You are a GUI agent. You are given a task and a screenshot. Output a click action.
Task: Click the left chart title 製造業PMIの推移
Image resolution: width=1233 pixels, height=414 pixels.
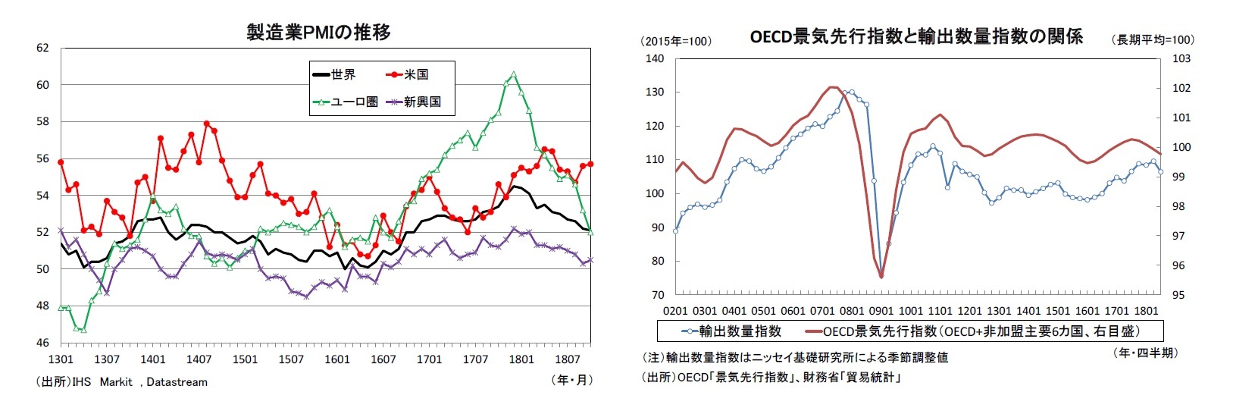[x=318, y=32]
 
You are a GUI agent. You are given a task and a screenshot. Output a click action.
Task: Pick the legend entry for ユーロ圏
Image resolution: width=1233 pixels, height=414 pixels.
[x=344, y=102]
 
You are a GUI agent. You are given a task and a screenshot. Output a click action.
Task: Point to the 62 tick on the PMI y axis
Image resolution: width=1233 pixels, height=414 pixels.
[x=42, y=48]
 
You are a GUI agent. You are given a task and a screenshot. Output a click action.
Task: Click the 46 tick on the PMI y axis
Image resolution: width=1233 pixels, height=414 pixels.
[x=42, y=343]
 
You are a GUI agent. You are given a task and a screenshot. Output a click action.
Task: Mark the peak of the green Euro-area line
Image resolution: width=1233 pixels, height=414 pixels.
[x=514, y=74]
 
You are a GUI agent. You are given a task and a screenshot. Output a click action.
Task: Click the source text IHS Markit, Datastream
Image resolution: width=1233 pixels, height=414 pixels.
[x=121, y=382]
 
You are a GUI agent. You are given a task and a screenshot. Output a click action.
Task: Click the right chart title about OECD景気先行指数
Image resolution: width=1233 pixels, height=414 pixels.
[x=915, y=36]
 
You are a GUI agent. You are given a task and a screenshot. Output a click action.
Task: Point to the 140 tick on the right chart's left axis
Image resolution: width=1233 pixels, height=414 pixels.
[x=653, y=58]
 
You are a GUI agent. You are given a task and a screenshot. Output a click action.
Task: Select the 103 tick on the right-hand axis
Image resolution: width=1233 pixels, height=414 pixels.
[x=1181, y=58]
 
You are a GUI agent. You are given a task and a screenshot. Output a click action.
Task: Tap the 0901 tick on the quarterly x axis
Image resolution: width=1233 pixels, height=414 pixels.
[x=881, y=311]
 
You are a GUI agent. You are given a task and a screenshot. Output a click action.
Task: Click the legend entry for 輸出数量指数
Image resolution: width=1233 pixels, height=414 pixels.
[x=731, y=331]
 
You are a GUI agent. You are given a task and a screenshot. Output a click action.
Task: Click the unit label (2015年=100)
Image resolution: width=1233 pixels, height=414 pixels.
[x=676, y=41]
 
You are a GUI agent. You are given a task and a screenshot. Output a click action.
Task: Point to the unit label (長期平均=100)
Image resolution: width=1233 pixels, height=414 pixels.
[x=1152, y=39]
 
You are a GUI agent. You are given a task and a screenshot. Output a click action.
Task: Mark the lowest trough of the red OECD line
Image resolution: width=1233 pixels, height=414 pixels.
[x=881, y=277]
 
